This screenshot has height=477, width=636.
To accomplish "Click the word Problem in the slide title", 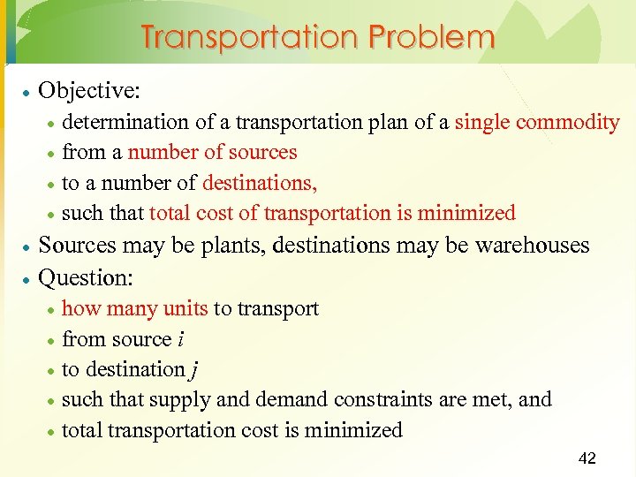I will point(433,38).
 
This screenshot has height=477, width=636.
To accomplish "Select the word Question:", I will point(87,277).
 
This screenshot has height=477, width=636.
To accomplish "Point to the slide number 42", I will point(587,458).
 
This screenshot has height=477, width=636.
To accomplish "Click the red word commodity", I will point(568,122).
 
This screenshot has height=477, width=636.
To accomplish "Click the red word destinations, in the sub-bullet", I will point(260,183).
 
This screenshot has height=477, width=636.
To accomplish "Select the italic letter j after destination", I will point(193,371).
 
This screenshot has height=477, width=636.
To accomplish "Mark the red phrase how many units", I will point(135,308).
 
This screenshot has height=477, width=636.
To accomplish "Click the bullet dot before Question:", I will point(28,279).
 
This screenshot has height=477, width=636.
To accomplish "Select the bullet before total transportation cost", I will point(51,432).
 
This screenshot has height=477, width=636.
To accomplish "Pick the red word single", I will point(482,122).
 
